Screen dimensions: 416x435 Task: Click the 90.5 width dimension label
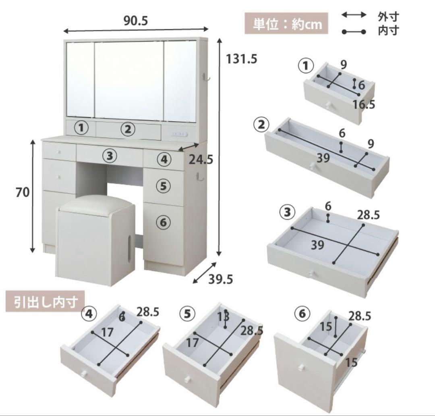click(137, 21)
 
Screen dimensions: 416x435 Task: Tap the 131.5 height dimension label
click(241, 59)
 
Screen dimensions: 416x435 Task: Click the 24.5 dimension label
click(201, 160)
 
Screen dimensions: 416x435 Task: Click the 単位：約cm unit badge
click(287, 24)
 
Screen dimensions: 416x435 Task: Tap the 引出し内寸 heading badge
click(45, 302)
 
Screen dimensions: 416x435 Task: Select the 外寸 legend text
click(388, 17)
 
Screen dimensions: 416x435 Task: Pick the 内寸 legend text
click(388, 31)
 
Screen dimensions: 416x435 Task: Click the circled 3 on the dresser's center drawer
click(110, 155)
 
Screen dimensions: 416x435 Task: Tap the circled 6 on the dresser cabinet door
click(163, 222)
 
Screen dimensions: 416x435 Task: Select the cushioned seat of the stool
click(97, 204)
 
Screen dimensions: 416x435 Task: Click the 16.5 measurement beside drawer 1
click(364, 104)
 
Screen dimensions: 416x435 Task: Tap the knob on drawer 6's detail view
click(301, 367)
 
